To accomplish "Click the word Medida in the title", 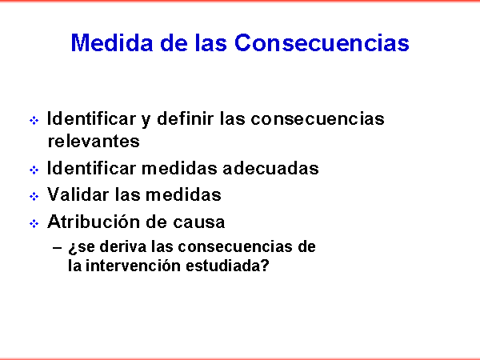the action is (x=112, y=42).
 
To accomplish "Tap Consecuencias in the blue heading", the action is (x=322, y=42).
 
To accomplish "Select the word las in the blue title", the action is (x=211, y=42).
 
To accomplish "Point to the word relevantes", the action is (x=94, y=141).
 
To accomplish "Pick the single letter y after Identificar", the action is (x=146, y=121).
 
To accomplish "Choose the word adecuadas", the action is (x=270, y=168).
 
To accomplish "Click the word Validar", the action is (x=78, y=194).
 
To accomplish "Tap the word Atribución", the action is (x=93, y=222).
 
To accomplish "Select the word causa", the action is (x=199, y=222).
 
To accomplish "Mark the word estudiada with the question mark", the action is (x=227, y=266).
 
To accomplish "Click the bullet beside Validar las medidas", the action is (x=34, y=196).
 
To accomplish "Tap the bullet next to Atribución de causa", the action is (x=34, y=223).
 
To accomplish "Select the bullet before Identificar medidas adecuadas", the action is (x=34, y=170).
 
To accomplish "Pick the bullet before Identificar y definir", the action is (x=34, y=120).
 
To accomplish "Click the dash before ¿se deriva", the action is (x=58, y=248).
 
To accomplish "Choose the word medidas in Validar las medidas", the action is (x=183, y=194).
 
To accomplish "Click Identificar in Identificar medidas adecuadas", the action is (x=91, y=168).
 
